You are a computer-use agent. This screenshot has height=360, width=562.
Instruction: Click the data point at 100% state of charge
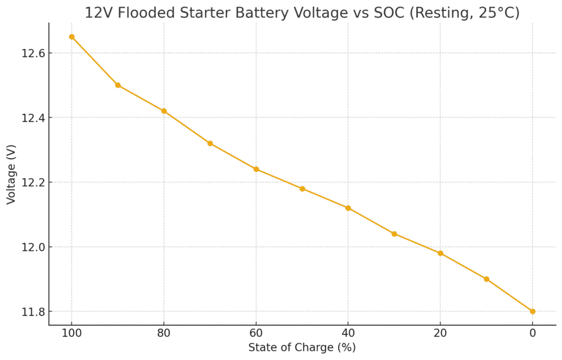click(x=71, y=37)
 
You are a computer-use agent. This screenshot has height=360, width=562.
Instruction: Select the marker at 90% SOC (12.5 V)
click(x=118, y=85)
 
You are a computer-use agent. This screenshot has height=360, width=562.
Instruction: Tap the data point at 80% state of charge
click(x=164, y=111)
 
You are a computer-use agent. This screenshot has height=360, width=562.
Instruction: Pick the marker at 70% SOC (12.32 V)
click(x=210, y=143)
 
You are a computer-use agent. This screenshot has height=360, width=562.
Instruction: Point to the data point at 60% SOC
click(x=256, y=169)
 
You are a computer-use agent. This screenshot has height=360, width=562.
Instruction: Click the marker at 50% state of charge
click(x=302, y=189)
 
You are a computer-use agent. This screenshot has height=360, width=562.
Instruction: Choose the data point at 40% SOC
click(x=348, y=208)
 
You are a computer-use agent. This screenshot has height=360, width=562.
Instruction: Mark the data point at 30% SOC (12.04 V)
click(x=394, y=234)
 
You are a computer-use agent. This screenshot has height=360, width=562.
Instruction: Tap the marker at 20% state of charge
click(x=440, y=253)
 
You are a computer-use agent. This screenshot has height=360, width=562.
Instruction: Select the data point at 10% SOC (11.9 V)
click(x=486, y=279)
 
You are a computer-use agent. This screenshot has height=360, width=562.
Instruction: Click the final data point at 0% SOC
click(x=532, y=311)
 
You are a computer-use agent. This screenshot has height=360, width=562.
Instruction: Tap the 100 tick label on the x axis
click(x=71, y=333)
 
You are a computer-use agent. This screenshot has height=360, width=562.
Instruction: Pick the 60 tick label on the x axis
click(x=256, y=333)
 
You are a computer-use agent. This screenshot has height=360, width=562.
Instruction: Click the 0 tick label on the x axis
click(x=532, y=333)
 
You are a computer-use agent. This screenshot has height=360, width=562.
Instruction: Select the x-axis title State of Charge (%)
click(x=302, y=347)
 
